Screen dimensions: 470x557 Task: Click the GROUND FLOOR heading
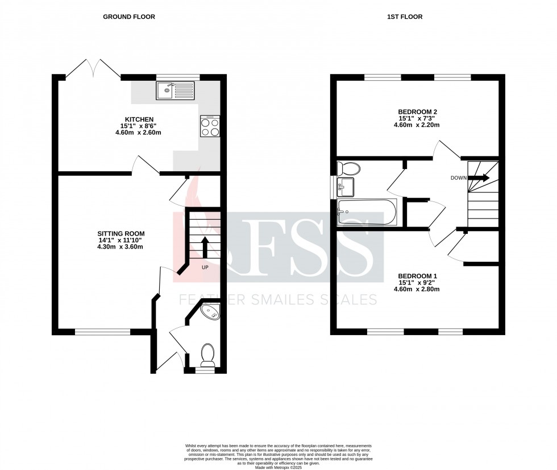[128, 17]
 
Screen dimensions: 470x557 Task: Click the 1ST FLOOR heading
[404, 17]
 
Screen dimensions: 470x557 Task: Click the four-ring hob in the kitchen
[210, 126]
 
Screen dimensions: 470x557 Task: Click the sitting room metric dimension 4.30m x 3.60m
[120, 247]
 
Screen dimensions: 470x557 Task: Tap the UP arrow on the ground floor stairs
[204, 245]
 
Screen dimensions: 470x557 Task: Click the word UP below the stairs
[203, 266]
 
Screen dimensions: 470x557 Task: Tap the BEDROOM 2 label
[417, 112]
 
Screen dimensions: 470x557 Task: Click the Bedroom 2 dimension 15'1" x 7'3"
[417, 118]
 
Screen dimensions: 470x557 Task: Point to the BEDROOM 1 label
[417, 276]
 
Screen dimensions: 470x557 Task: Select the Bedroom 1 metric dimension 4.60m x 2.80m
[417, 290]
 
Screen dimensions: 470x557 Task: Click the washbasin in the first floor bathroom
[345, 185]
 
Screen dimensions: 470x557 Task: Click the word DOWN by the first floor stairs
[458, 178]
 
